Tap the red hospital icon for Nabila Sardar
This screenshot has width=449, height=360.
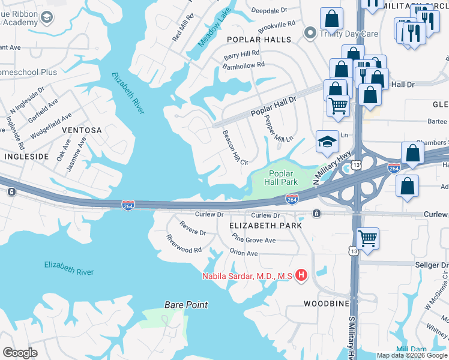point(301,275)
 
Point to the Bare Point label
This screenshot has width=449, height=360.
point(186,305)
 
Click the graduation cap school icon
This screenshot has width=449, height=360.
point(327,142)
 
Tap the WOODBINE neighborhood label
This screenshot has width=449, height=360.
point(326,304)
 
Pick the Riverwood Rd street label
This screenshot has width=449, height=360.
point(184,244)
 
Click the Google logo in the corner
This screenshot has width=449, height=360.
point(20,353)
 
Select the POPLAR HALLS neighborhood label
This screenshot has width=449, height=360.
point(259,40)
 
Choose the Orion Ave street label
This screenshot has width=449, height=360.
point(244,253)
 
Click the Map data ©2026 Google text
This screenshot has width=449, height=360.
point(411,355)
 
